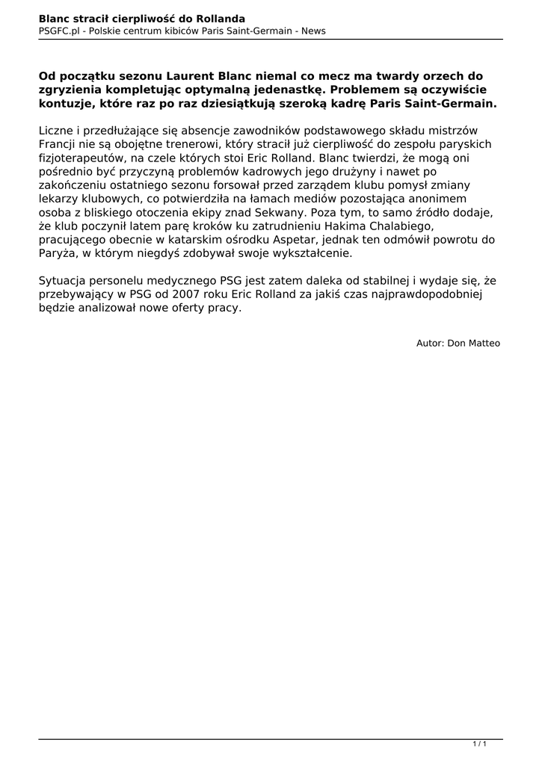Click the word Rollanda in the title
221,17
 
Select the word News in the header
313,31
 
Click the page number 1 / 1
480,743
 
